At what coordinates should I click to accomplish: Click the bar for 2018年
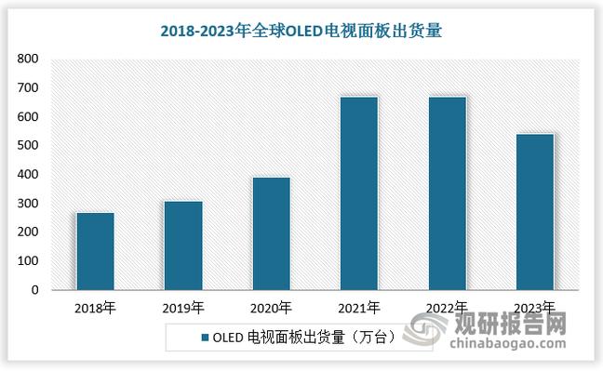(95, 251)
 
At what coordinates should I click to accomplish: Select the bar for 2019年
(182, 245)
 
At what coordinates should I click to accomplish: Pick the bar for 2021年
(358, 193)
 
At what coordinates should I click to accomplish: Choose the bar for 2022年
(446, 193)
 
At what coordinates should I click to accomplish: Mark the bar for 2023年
(534, 212)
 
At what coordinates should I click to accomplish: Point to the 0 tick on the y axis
(34, 290)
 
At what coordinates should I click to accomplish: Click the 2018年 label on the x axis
(95, 308)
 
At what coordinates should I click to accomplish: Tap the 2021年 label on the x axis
(358, 308)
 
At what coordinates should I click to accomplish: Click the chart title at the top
(301, 30)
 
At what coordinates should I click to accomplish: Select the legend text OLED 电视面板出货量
(298, 337)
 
